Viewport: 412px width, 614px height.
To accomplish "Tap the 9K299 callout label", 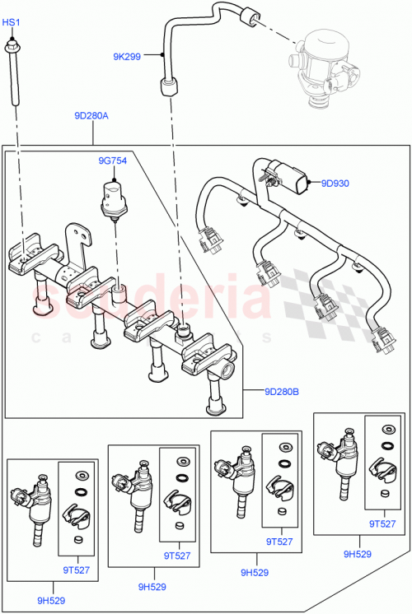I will coord(127,57).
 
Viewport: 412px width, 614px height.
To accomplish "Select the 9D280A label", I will coord(91,116).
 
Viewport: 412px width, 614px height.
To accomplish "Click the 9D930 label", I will coord(335,184).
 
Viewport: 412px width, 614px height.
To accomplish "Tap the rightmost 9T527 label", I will coord(382,523).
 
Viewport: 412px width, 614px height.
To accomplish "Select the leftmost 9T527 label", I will coord(75,570).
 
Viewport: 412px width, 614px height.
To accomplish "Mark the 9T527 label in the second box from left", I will coord(176,556).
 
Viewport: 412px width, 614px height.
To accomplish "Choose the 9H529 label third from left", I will coord(255,570).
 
